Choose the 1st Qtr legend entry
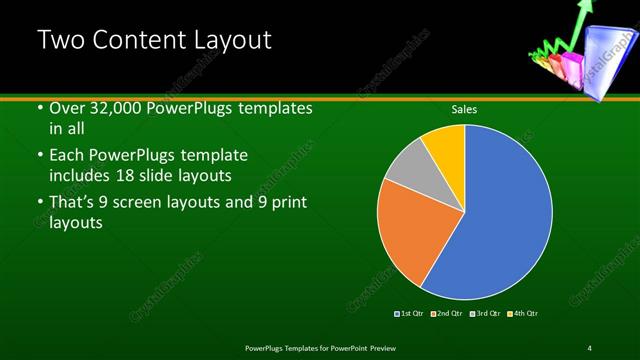(410, 313)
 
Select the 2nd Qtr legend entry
(447, 313)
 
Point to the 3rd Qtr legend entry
(485, 313)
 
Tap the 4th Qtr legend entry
(523, 313)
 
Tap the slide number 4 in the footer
(590, 347)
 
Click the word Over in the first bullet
(68, 108)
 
